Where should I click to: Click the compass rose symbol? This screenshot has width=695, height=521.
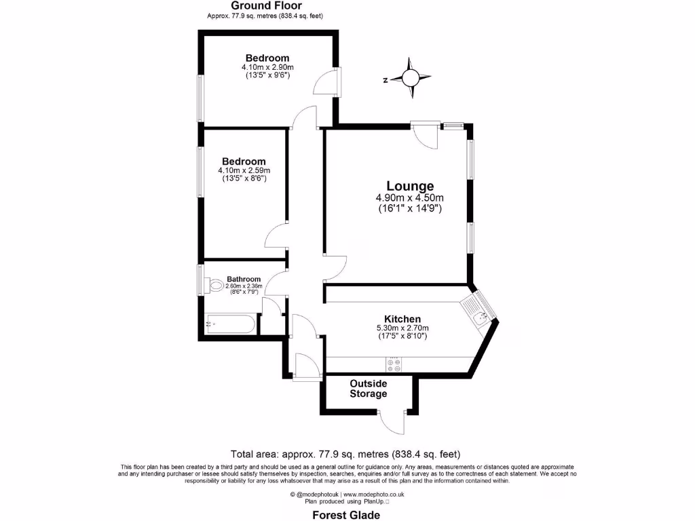pyautogui.click(x=411, y=79)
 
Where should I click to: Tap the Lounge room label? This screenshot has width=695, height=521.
pyautogui.click(x=410, y=186)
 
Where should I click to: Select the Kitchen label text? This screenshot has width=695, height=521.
pyautogui.click(x=402, y=319)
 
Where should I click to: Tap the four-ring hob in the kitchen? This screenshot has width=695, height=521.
pyautogui.click(x=394, y=364)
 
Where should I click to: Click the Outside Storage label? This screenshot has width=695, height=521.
pyautogui.click(x=369, y=389)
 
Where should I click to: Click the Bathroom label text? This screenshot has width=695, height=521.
pyautogui.click(x=244, y=279)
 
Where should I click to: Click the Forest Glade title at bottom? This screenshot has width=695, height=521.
pyautogui.click(x=347, y=515)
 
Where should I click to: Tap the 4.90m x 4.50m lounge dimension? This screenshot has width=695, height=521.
pyautogui.click(x=410, y=198)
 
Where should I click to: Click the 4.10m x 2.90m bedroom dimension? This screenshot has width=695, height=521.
pyautogui.click(x=267, y=68)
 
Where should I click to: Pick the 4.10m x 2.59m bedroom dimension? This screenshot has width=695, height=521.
pyautogui.click(x=244, y=170)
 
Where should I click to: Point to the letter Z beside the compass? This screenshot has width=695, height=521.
pyautogui.click(x=385, y=80)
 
